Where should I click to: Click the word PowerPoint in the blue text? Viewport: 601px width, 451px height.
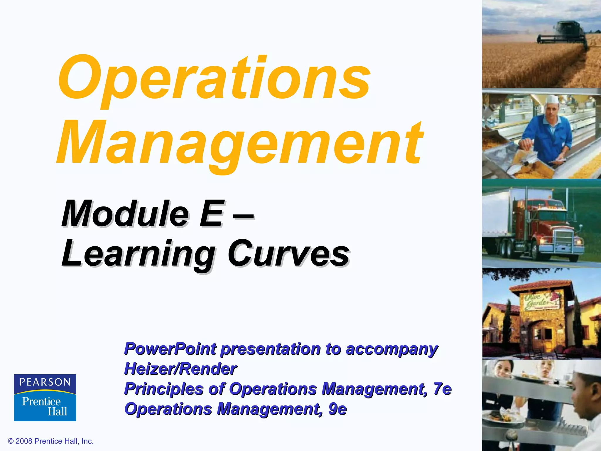tap(170, 349)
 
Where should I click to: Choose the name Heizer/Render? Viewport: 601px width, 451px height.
tap(180, 369)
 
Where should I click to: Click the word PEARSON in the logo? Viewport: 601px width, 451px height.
tap(45, 382)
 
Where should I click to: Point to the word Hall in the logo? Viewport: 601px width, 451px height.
tap(58, 411)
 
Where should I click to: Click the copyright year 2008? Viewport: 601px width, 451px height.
tap(24, 441)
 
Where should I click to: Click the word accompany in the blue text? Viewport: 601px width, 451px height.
tap(392, 349)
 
